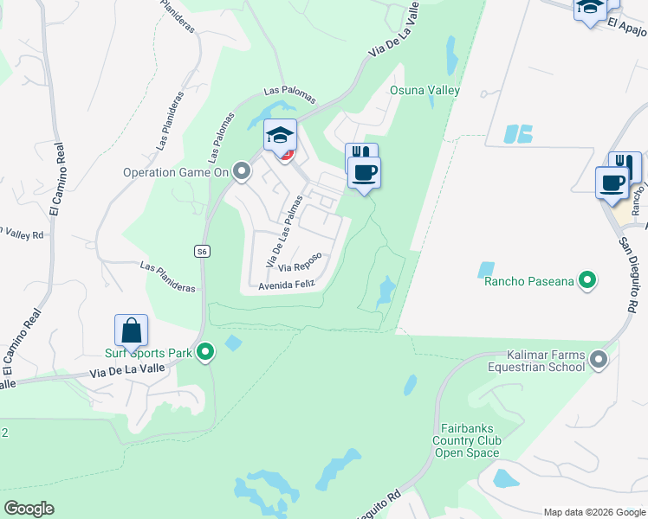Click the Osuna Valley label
tap(424, 90)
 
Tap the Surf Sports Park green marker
tap(205, 352)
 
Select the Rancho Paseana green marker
tap(587, 280)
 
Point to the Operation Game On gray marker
tap(243, 171)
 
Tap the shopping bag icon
tap(131, 330)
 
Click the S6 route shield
tap(201, 251)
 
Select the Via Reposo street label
tap(301, 262)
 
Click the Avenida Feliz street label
tap(283, 284)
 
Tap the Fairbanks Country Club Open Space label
tap(467, 439)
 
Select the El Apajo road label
tap(627, 28)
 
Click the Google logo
tap(29, 509)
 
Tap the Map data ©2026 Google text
tap(594, 511)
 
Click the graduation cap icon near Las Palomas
tap(280, 136)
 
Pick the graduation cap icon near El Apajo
tap(590, 8)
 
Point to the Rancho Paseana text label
tap(529, 281)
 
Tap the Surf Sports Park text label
tap(148, 353)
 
